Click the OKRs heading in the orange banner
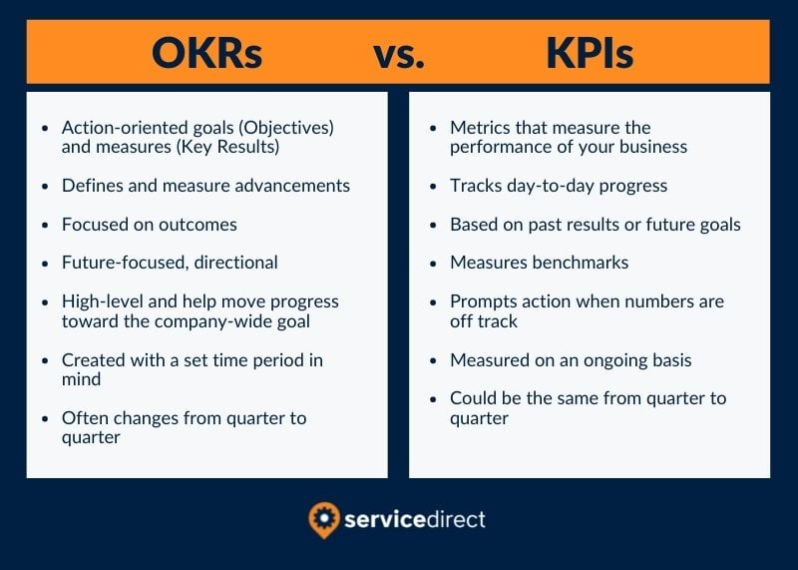207,53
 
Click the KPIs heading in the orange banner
589,53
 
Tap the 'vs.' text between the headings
399,55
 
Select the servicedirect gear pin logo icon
324,520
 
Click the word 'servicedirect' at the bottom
416,520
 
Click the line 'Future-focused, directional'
170,263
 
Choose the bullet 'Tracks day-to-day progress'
559,186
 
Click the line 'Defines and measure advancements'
205,186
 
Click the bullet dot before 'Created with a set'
43,360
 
